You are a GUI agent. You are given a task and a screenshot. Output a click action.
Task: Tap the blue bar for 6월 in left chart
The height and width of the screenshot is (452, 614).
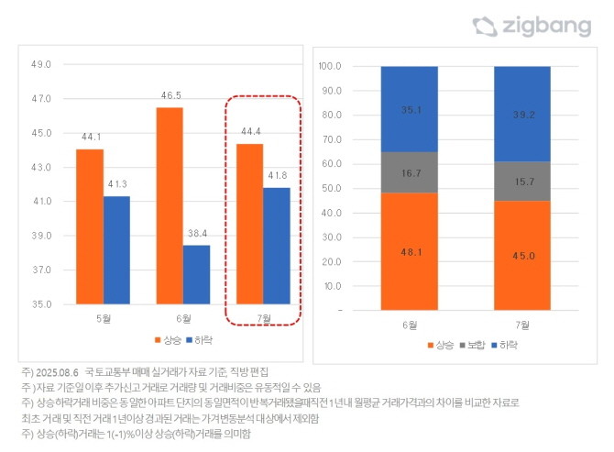pos(196,274)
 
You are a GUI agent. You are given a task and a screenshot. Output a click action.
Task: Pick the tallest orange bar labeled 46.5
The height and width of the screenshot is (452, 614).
pos(170,205)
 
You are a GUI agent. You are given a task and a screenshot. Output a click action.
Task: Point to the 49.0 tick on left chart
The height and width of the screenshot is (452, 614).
pos(42,64)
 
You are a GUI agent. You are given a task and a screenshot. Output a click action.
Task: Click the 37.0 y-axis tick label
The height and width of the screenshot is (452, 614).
pos(42,270)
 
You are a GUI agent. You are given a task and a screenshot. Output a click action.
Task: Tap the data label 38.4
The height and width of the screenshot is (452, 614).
pos(196,235)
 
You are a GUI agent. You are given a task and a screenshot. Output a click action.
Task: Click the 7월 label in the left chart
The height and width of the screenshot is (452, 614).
pos(263,318)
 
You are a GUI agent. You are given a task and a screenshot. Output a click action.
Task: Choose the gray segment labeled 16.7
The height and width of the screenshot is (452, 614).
pos(410,171)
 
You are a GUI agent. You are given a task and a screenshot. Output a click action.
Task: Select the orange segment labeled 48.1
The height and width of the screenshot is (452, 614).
pos(410,251)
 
